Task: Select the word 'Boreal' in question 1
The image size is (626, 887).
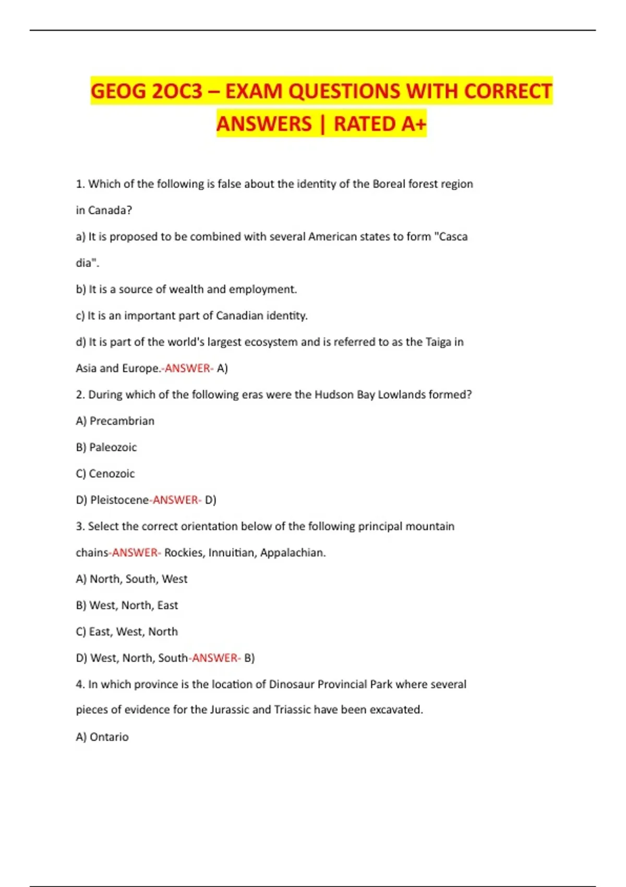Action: tap(389, 184)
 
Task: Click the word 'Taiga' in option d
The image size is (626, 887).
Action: tap(438, 342)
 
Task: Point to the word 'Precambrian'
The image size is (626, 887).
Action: tap(122, 421)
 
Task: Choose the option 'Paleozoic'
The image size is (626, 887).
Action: tap(113, 448)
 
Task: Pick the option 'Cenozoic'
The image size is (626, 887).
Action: tap(112, 474)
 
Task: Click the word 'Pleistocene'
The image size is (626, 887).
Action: tap(119, 500)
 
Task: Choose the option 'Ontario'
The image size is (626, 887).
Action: tap(109, 737)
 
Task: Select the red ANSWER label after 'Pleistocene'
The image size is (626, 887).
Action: tap(176, 500)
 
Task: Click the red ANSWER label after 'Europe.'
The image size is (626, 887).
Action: tap(188, 368)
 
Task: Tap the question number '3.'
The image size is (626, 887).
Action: tap(80, 526)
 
